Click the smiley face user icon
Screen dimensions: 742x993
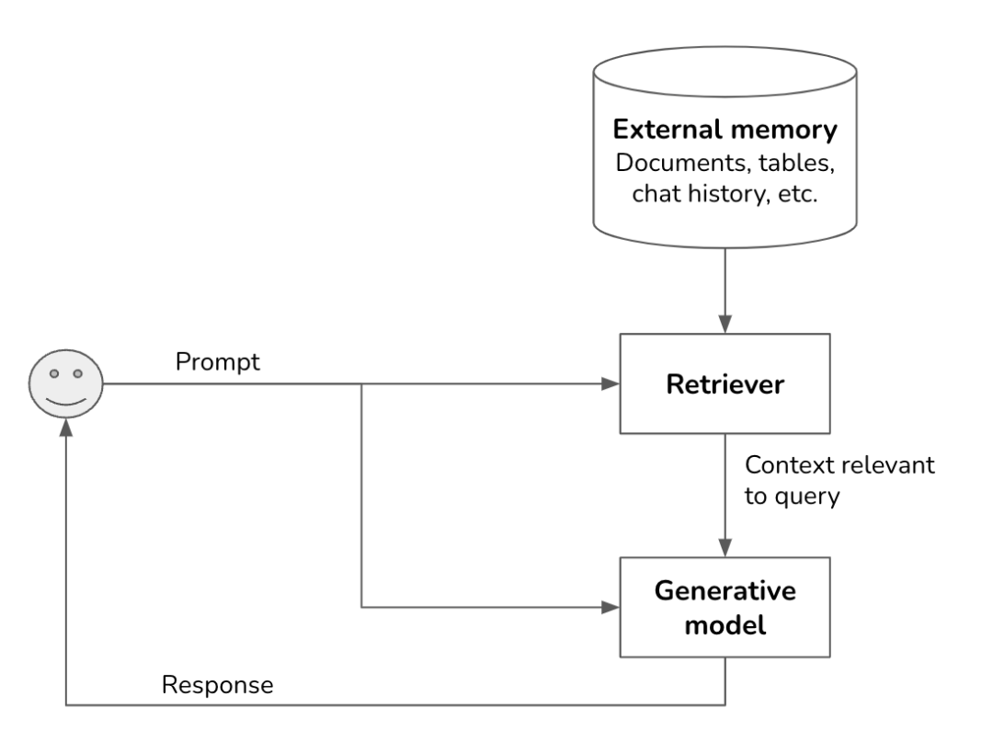point(66,384)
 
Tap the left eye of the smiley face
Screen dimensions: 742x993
point(54,374)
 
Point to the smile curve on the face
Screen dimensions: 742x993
point(66,401)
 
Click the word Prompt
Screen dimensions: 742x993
point(218,361)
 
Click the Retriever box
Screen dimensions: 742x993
point(725,384)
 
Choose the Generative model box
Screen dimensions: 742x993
point(725,608)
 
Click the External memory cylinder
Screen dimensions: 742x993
point(725,147)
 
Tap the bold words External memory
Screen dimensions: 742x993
point(725,130)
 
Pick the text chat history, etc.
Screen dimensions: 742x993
point(725,196)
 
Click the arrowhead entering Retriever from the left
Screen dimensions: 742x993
point(611,384)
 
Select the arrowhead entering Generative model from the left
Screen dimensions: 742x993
point(611,608)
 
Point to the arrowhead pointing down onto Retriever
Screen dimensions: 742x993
point(725,326)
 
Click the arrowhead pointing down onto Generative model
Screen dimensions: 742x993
point(725,549)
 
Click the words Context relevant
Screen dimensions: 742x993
point(839,464)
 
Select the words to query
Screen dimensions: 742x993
point(793,497)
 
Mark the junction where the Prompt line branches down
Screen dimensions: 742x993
point(361,384)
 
